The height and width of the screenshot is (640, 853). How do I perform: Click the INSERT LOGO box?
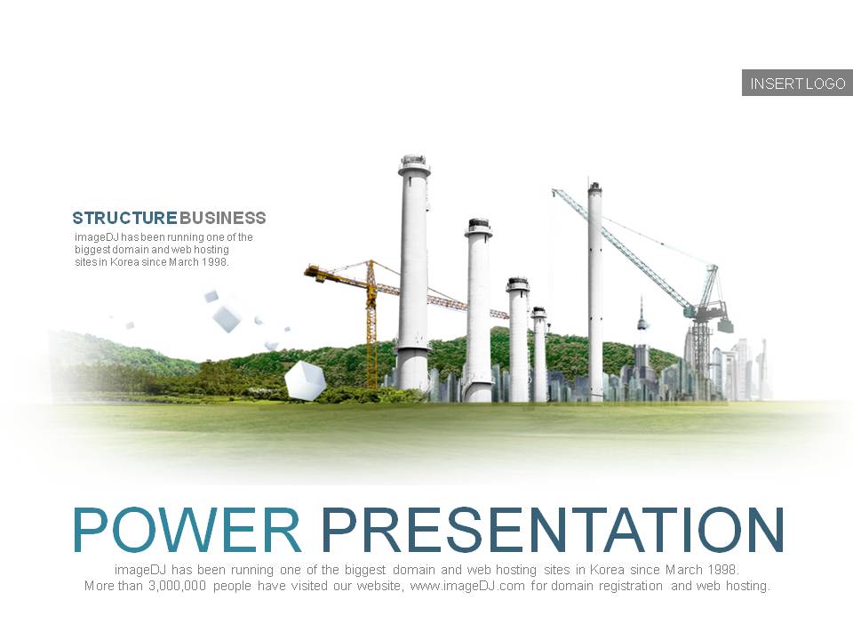pyautogui.click(x=797, y=83)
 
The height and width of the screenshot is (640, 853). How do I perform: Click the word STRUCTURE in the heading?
pyautogui.click(x=124, y=219)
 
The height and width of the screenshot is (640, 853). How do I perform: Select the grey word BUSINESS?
pyautogui.click(x=222, y=219)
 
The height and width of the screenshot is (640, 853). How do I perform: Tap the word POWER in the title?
pyautogui.click(x=186, y=530)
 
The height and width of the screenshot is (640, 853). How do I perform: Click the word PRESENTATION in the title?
pyautogui.click(x=553, y=530)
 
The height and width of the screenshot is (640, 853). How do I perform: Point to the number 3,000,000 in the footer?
pyautogui.click(x=178, y=586)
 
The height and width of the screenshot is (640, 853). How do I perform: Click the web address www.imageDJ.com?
pyautogui.click(x=467, y=586)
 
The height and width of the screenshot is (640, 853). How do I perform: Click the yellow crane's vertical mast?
pyautogui.click(x=371, y=324)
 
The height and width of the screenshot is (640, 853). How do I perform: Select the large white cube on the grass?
pyautogui.click(x=305, y=380)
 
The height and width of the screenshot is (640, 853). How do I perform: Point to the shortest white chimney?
pyautogui.click(x=539, y=354)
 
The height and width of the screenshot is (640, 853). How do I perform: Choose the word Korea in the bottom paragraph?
pyautogui.click(x=607, y=570)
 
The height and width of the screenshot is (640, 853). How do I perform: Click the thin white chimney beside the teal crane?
pyautogui.click(x=595, y=292)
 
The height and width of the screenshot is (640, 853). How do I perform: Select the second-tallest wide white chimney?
pyautogui.click(x=479, y=310)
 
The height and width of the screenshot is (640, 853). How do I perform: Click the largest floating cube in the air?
pyautogui.click(x=227, y=318)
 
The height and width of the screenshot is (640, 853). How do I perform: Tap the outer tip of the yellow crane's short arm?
pyautogui.click(x=306, y=270)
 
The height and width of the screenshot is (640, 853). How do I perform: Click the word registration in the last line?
pyautogui.click(x=631, y=586)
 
